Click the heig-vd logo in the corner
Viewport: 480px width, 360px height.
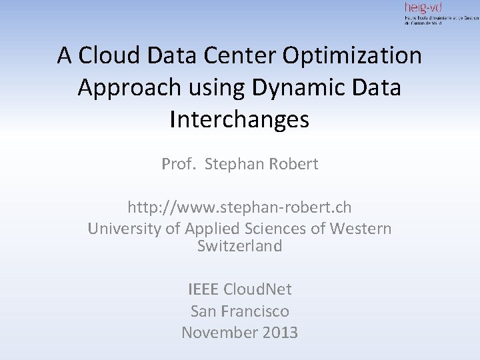pos(440,13)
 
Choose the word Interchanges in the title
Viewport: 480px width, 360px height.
pos(239,119)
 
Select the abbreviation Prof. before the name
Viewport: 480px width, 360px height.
pos(177,163)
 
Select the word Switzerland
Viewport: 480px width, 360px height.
pos(239,246)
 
